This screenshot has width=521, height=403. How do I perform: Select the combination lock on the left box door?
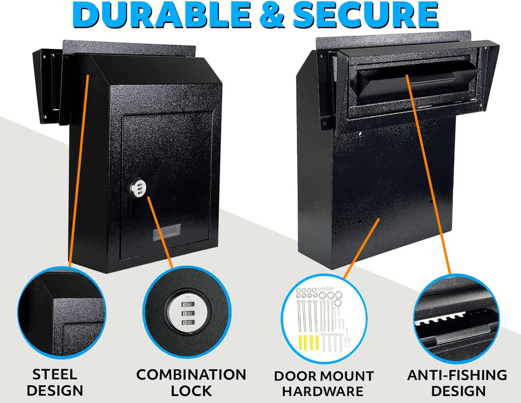click(x=138, y=188)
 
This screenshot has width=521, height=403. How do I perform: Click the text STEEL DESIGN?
click(x=55, y=382)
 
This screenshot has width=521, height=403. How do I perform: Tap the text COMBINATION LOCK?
click(x=191, y=382)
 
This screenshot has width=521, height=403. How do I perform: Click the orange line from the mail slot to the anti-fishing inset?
click(x=428, y=173)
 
